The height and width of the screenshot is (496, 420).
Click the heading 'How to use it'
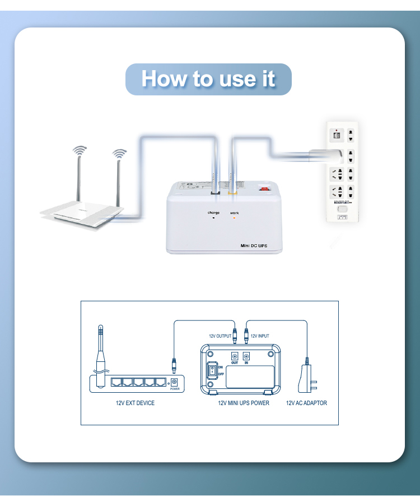(x=208, y=79)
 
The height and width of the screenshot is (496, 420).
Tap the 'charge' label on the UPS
(x=213, y=213)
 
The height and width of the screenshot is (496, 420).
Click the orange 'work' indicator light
(x=234, y=218)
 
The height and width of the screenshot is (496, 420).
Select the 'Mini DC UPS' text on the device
(x=253, y=246)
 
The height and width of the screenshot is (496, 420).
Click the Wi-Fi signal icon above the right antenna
(x=118, y=153)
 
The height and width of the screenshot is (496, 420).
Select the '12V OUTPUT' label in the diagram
(x=220, y=336)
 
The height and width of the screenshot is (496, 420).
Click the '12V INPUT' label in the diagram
(x=259, y=336)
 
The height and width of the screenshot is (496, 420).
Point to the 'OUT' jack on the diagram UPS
(x=234, y=356)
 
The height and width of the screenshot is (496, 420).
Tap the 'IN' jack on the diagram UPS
(x=246, y=356)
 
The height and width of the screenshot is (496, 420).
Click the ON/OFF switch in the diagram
(x=213, y=371)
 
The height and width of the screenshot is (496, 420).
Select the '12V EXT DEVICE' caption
(x=132, y=403)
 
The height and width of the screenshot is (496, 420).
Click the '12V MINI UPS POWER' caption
(x=243, y=403)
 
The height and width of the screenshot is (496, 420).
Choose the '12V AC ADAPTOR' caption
(x=306, y=403)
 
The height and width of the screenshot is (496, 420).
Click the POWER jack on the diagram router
(x=174, y=382)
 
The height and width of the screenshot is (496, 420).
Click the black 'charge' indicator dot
(x=213, y=218)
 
